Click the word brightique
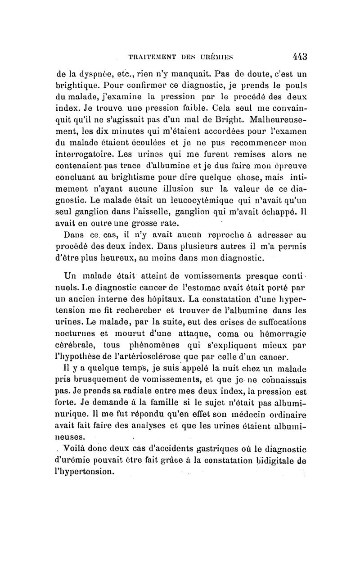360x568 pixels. point(73,86)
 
